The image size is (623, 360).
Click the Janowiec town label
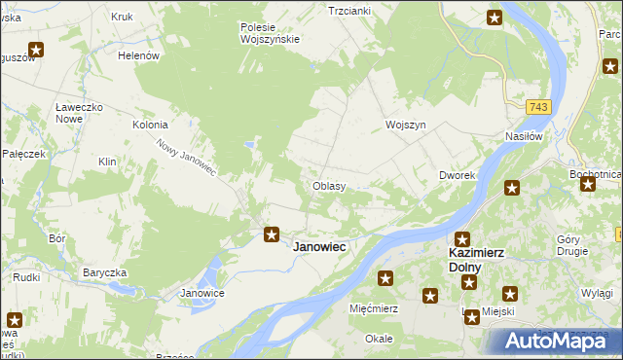pos(319,247)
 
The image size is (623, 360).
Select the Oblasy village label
pos(328,186)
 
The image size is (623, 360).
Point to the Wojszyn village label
pos(406,126)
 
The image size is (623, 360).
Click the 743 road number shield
pos(537,106)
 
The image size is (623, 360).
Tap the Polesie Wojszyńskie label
pos(271,33)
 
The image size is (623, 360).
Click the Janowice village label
pos(203,293)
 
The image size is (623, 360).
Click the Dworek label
pos(456,176)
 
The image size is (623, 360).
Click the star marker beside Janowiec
pos(273,233)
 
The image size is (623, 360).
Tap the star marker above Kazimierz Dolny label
pos(462,238)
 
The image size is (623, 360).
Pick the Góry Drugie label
pos(572,245)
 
